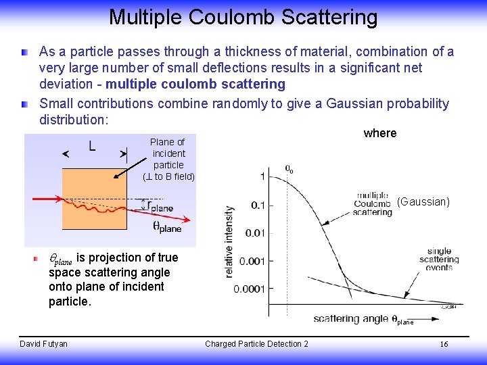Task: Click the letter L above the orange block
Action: tap(92, 145)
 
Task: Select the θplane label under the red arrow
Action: tap(166, 227)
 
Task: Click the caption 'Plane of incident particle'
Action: tap(168, 159)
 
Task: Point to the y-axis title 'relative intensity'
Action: tap(229, 241)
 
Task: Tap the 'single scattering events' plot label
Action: tap(439, 260)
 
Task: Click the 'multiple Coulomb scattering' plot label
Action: tap(373, 203)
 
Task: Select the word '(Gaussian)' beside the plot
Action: tap(423, 201)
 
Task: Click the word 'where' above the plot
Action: tap(380, 133)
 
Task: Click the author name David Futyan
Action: tap(43, 344)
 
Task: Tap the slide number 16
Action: tap(444, 344)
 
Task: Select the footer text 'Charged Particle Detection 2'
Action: tap(256, 344)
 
